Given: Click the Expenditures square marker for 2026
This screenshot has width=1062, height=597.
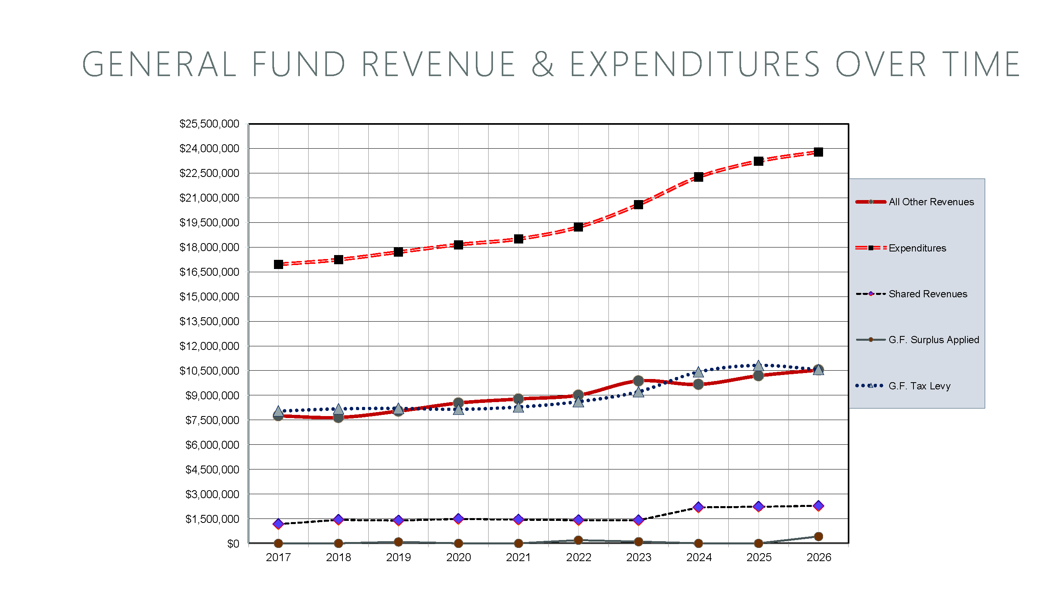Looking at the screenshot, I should tap(818, 152).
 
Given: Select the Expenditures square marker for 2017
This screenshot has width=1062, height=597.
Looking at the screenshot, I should tap(278, 265).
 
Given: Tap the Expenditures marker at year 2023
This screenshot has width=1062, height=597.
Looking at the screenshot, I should tap(638, 204).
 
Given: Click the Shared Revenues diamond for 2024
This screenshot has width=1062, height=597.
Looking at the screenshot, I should tap(698, 507).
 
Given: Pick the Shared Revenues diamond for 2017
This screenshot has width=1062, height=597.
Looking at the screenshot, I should tap(278, 524).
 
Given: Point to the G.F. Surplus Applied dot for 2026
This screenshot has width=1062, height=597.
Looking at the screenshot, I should tap(818, 537).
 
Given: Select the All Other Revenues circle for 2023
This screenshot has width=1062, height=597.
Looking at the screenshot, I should tap(638, 381).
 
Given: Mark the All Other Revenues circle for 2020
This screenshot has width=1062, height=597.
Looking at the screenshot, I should tap(458, 403).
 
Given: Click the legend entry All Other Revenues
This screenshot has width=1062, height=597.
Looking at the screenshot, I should tap(931, 202).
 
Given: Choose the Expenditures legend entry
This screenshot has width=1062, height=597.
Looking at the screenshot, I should tap(917, 248).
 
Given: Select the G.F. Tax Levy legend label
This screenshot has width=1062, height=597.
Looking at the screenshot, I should tap(919, 386).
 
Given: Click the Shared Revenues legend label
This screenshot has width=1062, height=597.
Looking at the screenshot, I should tap(927, 294).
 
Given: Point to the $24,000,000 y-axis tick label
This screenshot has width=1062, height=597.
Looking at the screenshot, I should tap(209, 149).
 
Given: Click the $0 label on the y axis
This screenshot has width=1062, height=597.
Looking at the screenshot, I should tap(233, 544).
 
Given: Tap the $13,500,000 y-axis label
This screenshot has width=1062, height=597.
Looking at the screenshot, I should tap(209, 321).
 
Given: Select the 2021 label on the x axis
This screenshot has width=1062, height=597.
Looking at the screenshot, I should tap(518, 558).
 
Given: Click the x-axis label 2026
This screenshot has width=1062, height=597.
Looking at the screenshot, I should tap(818, 558).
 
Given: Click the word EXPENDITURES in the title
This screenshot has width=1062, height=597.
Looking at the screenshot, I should tap(695, 65).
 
